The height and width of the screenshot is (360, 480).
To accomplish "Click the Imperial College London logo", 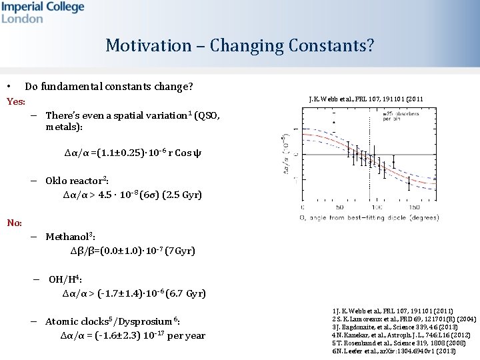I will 43,12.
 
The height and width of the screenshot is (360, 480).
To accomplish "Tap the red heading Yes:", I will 15,101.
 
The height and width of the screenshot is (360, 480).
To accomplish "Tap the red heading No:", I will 15,223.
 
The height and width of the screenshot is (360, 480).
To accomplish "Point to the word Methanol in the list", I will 67,237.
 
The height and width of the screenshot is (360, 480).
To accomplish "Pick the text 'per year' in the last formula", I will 186,336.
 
